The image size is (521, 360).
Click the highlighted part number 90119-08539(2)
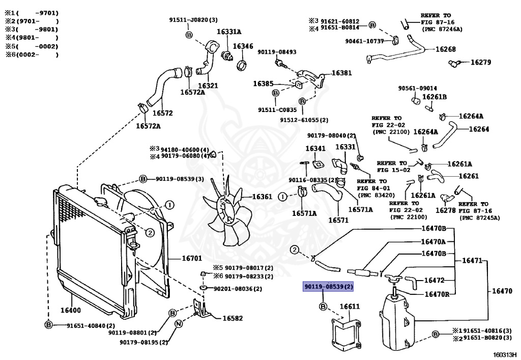click(x=328, y=287)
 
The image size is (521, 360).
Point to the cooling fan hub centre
click(x=226, y=206)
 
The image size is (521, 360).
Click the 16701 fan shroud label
click(x=192, y=259)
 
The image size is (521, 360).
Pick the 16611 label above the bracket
click(x=350, y=307)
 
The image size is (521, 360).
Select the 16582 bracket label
click(x=233, y=318)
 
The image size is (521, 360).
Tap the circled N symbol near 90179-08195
click(x=179, y=324)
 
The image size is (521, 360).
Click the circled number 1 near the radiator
click(x=169, y=205)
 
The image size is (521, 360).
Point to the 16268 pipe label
click(x=445, y=49)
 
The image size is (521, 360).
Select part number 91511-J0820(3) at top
click(x=193, y=20)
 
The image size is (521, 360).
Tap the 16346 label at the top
click(x=243, y=46)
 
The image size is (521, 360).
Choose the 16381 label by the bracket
click(x=341, y=73)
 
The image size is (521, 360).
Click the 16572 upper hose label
click(x=163, y=113)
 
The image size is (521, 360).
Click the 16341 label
click(x=315, y=148)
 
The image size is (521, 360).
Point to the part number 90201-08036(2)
click(x=238, y=289)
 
